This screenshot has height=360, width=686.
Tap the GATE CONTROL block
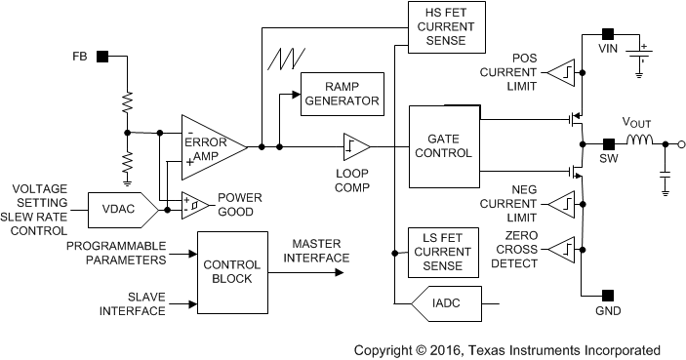443,145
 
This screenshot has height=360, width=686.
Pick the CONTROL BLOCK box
232,270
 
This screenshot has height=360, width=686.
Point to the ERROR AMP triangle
210,146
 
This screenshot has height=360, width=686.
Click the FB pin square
101,57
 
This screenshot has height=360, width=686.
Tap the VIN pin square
607,33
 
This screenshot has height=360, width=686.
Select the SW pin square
607,145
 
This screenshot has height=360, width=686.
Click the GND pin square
607,296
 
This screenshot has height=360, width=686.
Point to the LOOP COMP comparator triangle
353,146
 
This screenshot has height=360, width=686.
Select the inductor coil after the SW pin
639,145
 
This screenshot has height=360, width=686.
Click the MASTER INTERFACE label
315,251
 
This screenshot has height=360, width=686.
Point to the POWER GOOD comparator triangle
194,204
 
